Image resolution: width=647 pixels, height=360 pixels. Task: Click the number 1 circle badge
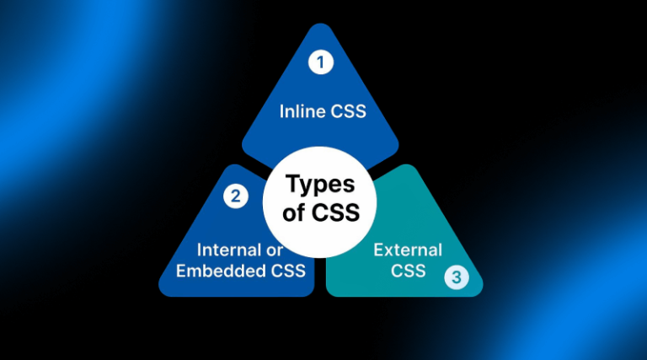pyautogui.click(x=320, y=62)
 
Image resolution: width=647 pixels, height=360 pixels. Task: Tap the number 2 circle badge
pyautogui.click(x=235, y=197)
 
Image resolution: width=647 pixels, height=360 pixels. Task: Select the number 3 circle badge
pyautogui.click(x=457, y=276)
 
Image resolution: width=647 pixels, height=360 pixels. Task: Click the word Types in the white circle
pyautogui.click(x=321, y=185)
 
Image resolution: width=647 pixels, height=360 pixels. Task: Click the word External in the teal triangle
pyautogui.click(x=408, y=250)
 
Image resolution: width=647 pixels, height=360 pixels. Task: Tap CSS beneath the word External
pyautogui.click(x=408, y=271)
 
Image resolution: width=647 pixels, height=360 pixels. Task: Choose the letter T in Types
pyautogui.click(x=292, y=185)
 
